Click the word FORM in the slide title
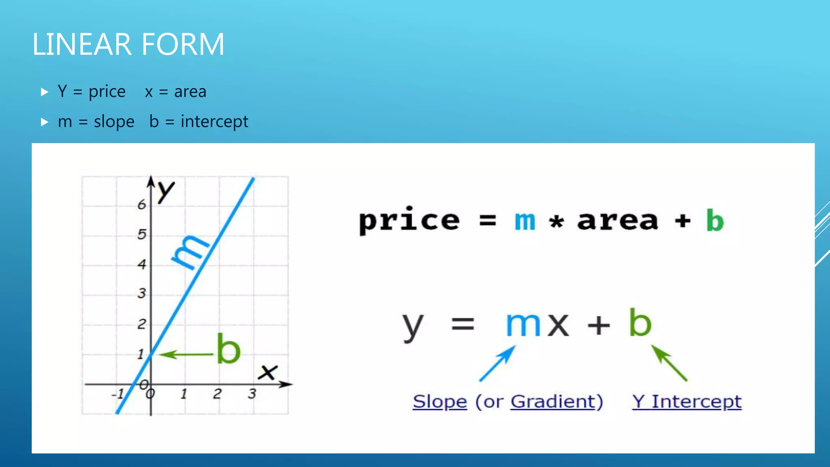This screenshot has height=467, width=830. click(x=183, y=44)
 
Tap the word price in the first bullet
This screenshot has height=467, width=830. click(x=107, y=92)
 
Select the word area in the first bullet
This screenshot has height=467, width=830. click(x=190, y=92)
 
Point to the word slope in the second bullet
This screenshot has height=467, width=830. click(x=114, y=122)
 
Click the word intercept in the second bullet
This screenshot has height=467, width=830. click(x=214, y=122)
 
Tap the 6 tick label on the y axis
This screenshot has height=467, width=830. click(x=141, y=205)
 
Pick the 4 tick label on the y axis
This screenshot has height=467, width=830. click(x=141, y=265)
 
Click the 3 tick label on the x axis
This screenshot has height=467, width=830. click(x=252, y=393)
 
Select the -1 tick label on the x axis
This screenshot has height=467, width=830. click(x=118, y=394)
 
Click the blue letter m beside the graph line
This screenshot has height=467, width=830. click(x=189, y=251)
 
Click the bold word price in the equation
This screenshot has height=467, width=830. click(x=409, y=221)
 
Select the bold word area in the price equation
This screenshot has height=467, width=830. click(x=618, y=221)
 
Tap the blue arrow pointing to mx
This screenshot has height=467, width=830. click(x=497, y=363)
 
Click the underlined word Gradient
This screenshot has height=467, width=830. click(x=553, y=402)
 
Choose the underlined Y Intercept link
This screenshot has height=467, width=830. click(x=687, y=402)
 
